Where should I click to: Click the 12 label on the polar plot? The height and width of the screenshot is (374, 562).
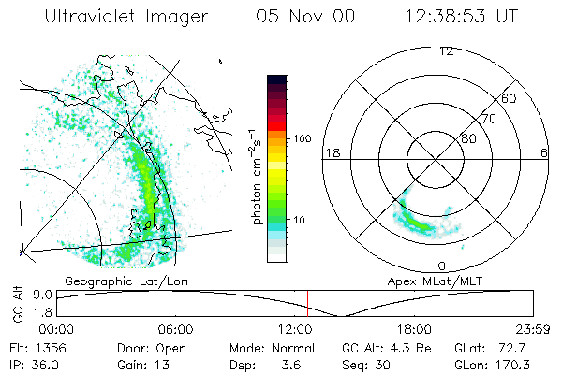pyautogui.click(x=446, y=51)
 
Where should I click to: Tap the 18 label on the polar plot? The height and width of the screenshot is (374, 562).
pyautogui.click(x=331, y=152)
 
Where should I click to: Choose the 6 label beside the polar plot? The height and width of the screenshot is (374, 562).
pyautogui.click(x=544, y=152)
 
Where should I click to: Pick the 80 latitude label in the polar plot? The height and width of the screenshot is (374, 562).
pyautogui.click(x=467, y=138)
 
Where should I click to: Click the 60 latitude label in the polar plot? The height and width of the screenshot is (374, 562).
pyautogui.click(x=510, y=98)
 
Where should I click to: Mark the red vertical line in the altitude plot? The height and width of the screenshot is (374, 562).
pyautogui.click(x=307, y=303)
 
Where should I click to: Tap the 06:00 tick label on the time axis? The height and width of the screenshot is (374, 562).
pyautogui.click(x=175, y=330)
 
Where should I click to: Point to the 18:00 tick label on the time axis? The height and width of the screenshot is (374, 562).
pyautogui.click(x=414, y=330)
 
